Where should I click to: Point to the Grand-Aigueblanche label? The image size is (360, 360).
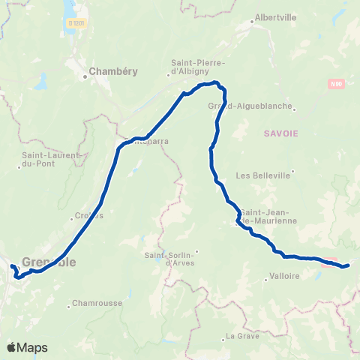click(249, 106)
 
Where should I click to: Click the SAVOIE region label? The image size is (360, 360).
click(281, 133)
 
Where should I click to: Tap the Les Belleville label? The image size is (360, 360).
click(262, 176)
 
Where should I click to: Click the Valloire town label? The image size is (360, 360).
click(283, 276)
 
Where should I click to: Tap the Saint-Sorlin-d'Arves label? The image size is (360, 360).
click(169, 258)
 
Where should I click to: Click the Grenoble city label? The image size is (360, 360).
click(49, 262)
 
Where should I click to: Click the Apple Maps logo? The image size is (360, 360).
click(27, 347)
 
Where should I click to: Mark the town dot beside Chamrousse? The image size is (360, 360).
click(70, 304)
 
